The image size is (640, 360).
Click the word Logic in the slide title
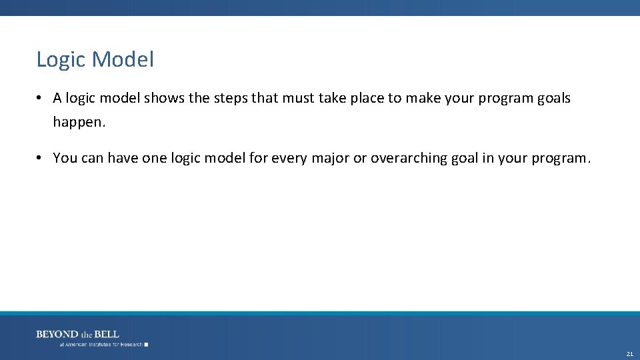click(61, 60)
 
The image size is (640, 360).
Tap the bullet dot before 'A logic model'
click(41, 99)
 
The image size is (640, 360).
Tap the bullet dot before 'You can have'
click(41, 158)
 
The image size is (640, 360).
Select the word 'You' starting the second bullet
click(65, 158)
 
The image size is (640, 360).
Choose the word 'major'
click(329, 158)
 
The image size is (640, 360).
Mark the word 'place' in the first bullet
click(367, 99)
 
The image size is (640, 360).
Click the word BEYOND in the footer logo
click(57, 334)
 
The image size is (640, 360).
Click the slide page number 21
click(629, 353)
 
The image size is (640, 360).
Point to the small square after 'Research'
click(146, 345)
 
